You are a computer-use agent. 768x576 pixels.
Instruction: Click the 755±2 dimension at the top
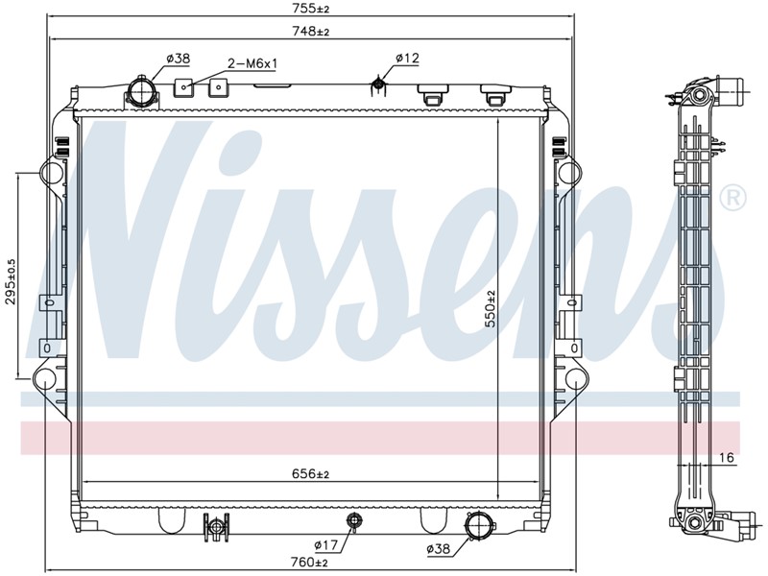click(x=310, y=8)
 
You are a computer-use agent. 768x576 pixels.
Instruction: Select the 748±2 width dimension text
click(x=310, y=32)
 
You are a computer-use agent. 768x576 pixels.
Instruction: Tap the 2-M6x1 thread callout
click(x=252, y=63)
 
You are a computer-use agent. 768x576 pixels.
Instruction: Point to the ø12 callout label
click(x=407, y=59)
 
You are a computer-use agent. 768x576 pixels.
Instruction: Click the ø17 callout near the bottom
click(x=325, y=544)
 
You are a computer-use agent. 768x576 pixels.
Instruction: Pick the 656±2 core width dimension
click(x=310, y=473)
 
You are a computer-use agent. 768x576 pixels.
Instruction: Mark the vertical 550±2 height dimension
click(x=491, y=308)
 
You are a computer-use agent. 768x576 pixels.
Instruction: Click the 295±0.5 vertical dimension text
click(x=12, y=282)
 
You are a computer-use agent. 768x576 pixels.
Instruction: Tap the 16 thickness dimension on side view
click(x=728, y=458)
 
